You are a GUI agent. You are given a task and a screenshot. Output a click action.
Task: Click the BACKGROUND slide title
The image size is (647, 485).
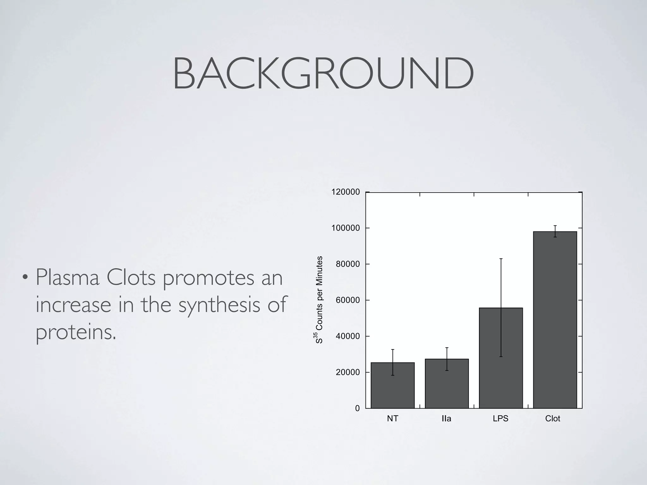(x=323, y=74)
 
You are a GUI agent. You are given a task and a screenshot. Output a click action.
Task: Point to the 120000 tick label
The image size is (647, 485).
(x=345, y=192)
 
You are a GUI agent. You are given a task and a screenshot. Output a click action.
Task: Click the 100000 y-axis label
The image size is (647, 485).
(x=345, y=228)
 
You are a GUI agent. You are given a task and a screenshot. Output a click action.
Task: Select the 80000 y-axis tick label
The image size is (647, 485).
(x=348, y=264)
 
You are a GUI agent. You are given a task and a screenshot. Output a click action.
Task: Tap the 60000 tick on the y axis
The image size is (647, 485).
(x=348, y=300)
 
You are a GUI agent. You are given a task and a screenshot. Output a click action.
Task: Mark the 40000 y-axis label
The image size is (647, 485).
(x=348, y=336)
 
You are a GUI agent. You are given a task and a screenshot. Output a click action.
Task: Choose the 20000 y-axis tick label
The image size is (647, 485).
(x=348, y=373)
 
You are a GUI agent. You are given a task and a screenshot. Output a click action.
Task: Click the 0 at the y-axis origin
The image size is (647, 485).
(x=357, y=409)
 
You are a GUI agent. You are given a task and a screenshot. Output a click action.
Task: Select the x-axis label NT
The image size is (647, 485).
(x=392, y=419)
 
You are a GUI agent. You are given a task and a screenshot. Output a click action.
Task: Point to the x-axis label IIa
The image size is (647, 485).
(x=446, y=419)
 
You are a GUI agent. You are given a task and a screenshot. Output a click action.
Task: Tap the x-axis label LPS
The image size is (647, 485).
(x=500, y=419)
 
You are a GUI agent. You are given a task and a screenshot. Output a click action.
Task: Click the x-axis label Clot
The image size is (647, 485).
(x=553, y=419)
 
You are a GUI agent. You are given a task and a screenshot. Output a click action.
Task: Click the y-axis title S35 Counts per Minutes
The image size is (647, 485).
(x=319, y=300)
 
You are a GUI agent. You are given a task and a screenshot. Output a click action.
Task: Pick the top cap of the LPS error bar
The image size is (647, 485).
(x=501, y=259)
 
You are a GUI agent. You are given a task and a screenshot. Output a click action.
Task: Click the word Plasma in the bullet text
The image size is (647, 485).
(x=67, y=278)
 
